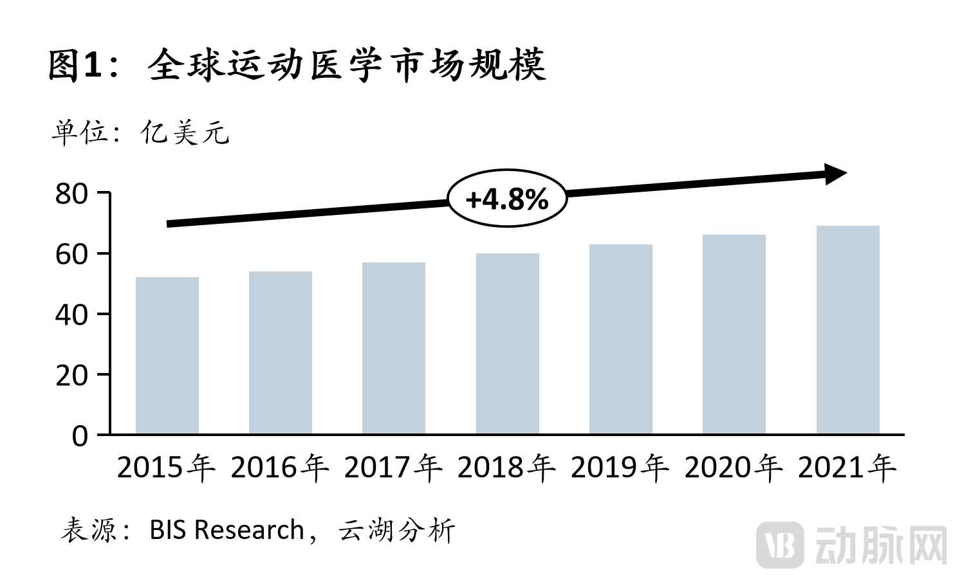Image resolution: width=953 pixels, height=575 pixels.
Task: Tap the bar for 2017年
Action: pyautogui.click(x=394, y=348)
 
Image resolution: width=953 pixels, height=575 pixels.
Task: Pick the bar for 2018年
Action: pyautogui.click(x=508, y=343)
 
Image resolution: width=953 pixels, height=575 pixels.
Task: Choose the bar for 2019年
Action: pyautogui.click(x=621, y=339)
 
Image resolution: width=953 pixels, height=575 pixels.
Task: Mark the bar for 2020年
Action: pyautogui.click(x=734, y=334)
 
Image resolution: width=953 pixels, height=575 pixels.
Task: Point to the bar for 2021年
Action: pyautogui.click(x=847, y=330)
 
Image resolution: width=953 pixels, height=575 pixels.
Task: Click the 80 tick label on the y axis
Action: pyautogui.click(x=71, y=194)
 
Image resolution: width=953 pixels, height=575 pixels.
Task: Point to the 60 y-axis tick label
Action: pyautogui.click(x=71, y=254)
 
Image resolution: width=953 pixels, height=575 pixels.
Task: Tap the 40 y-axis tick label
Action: pyautogui.click(x=71, y=315)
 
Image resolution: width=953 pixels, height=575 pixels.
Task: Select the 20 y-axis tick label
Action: pyautogui.click(x=71, y=375)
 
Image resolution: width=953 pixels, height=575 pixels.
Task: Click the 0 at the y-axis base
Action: pyautogui.click(x=80, y=436)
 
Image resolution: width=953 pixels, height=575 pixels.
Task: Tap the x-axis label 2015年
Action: pyautogui.click(x=166, y=468)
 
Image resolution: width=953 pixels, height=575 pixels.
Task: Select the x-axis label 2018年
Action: pyautogui.click(x=506, y=468)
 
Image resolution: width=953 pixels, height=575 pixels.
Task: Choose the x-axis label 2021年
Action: pyautogui.click(x=847, y=468)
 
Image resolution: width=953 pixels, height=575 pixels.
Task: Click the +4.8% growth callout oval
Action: pyautogui.click(x=507, y=199)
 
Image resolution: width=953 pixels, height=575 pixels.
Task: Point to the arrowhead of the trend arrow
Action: pyautogui.click(x=836, y=174)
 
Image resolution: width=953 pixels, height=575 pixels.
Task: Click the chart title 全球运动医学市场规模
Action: pyautogui.click(x=347, y=65)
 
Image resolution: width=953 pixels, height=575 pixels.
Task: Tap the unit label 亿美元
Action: pyautogui.click(x=185, y=133)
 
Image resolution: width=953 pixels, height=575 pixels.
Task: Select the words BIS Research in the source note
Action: pyautogui.click(x=227, y=530)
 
